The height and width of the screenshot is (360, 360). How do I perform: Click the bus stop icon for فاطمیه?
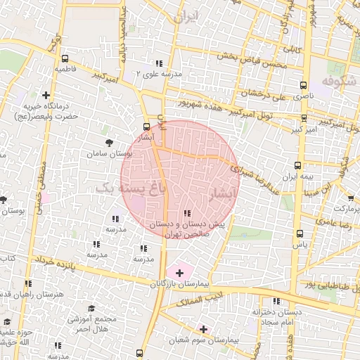[65, 59]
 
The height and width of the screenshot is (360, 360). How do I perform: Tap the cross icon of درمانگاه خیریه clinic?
[46, 95]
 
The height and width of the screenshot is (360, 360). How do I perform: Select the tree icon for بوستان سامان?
[108, 142]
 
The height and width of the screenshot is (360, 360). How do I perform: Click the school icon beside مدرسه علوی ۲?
[160, 63]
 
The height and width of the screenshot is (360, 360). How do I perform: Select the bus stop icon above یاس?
[300, 233]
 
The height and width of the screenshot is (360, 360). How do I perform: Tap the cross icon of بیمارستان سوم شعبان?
[204, 328]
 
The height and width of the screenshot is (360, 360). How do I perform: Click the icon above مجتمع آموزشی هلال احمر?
[91, 308]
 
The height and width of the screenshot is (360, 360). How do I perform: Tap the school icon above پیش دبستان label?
[186, 213]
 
